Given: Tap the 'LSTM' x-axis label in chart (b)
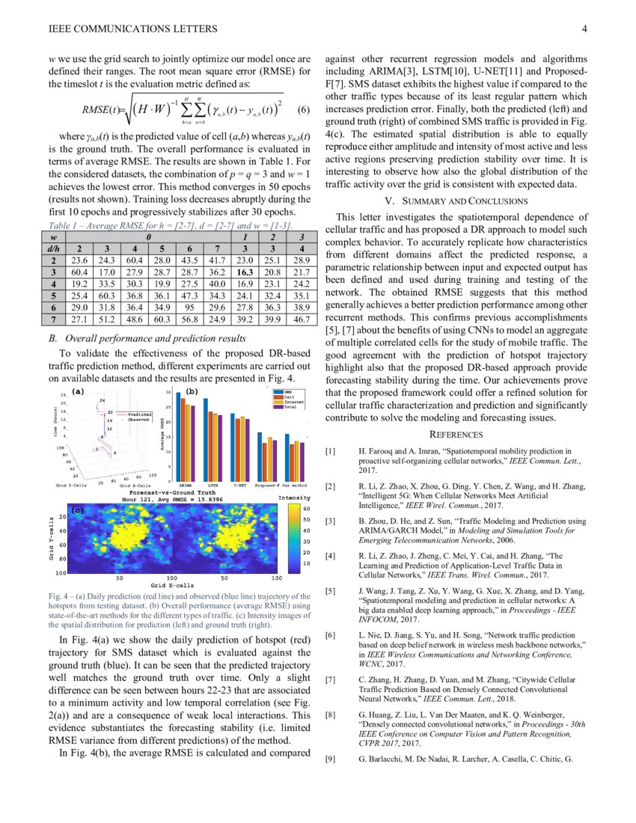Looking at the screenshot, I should [212, 485].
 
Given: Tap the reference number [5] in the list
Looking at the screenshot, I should [330, 591].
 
